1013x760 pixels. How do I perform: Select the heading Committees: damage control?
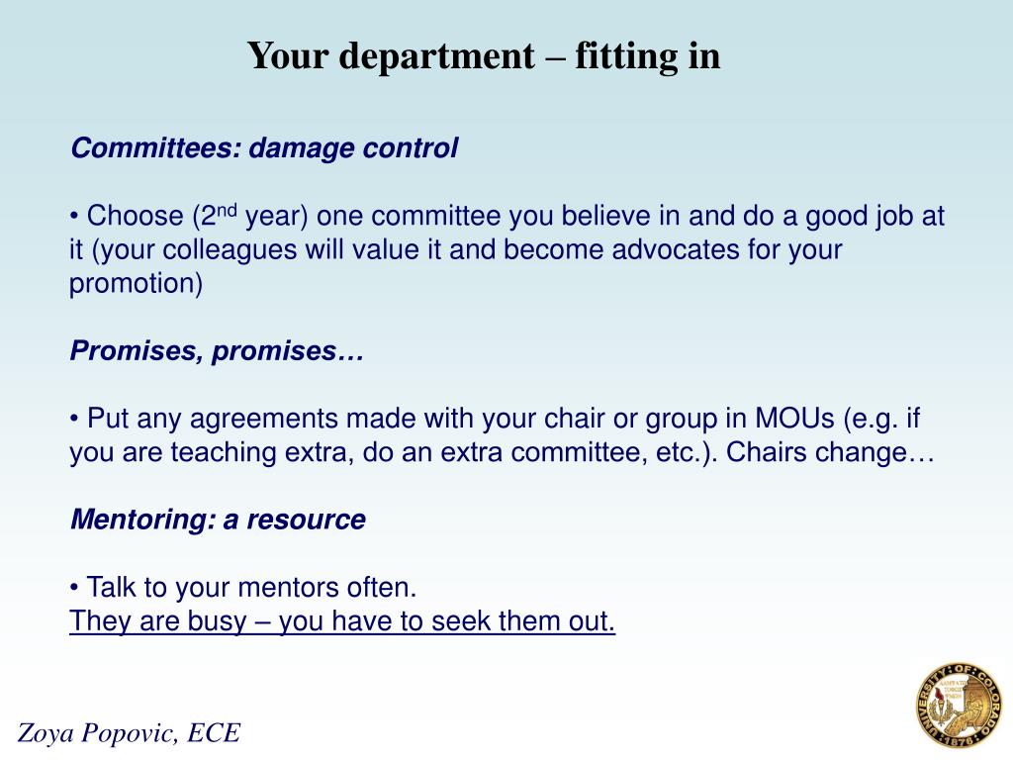(264, 148)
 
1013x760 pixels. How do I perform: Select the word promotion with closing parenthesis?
(136, 285)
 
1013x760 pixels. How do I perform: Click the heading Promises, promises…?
(217, 352)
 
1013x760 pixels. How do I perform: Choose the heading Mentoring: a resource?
(218, 521)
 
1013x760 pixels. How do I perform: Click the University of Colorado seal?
(959, 706)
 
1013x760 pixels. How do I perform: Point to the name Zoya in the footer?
(47, 733)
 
